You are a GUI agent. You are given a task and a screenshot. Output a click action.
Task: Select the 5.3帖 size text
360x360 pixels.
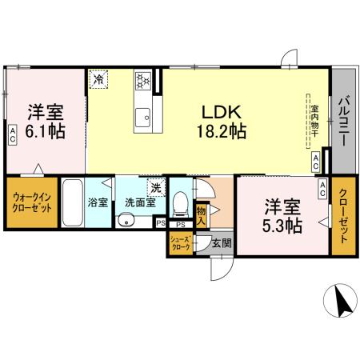click(283, 225)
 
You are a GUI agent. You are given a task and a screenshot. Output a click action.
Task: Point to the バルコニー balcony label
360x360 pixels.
click(342, 121)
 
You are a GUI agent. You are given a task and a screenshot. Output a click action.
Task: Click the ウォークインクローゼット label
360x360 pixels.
click(32, 204)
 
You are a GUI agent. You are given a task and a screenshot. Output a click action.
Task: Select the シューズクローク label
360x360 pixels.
click(180, 243)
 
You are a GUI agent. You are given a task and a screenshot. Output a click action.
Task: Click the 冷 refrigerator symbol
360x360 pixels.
click(99, 79)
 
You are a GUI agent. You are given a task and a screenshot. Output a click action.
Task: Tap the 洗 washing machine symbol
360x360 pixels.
click(157, 189)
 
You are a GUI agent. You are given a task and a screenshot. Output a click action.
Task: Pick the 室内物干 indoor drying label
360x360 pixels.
click(315, 120)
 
